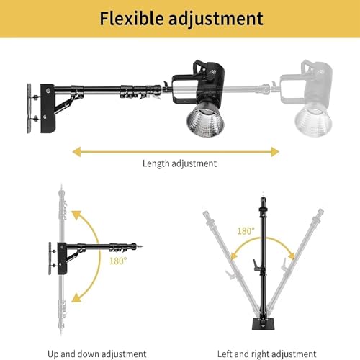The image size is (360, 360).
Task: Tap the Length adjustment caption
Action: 179,163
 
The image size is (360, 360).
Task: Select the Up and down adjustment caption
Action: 97,354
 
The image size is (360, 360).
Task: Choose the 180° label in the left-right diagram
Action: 246,232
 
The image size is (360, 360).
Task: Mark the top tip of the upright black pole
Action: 261,193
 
